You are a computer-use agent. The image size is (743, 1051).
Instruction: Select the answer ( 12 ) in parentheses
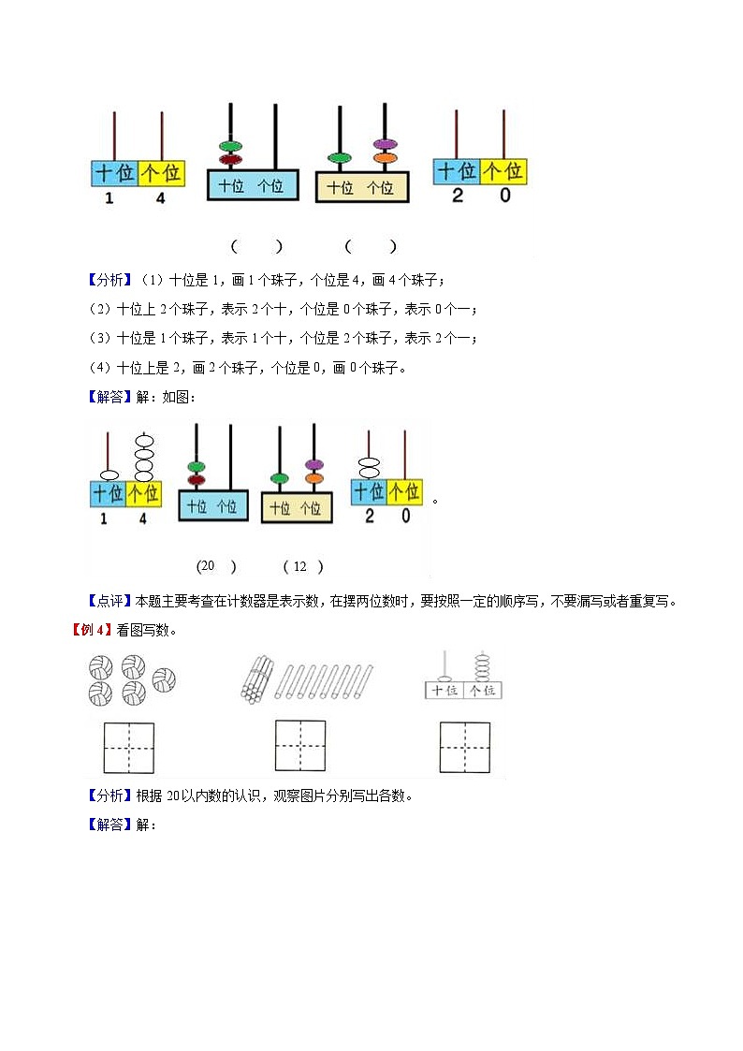point(302,566)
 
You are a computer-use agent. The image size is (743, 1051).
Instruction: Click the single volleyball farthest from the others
point(165,677)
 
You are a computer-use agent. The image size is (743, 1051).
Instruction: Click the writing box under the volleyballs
point(122,747)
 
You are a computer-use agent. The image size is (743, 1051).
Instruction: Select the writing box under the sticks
point(300,746)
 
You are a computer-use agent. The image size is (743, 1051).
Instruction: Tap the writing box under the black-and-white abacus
point(465,747)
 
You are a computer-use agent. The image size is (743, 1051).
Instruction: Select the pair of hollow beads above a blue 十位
point(369,467)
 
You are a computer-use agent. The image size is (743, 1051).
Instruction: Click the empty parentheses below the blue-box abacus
point(256,246)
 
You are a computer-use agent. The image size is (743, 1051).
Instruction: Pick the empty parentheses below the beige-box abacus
point(371,246)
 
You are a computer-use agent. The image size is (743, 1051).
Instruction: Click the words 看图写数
point(142,629)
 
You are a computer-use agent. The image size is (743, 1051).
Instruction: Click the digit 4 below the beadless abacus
point(160,198)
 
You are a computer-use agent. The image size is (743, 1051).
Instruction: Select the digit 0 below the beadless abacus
point(505,196)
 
